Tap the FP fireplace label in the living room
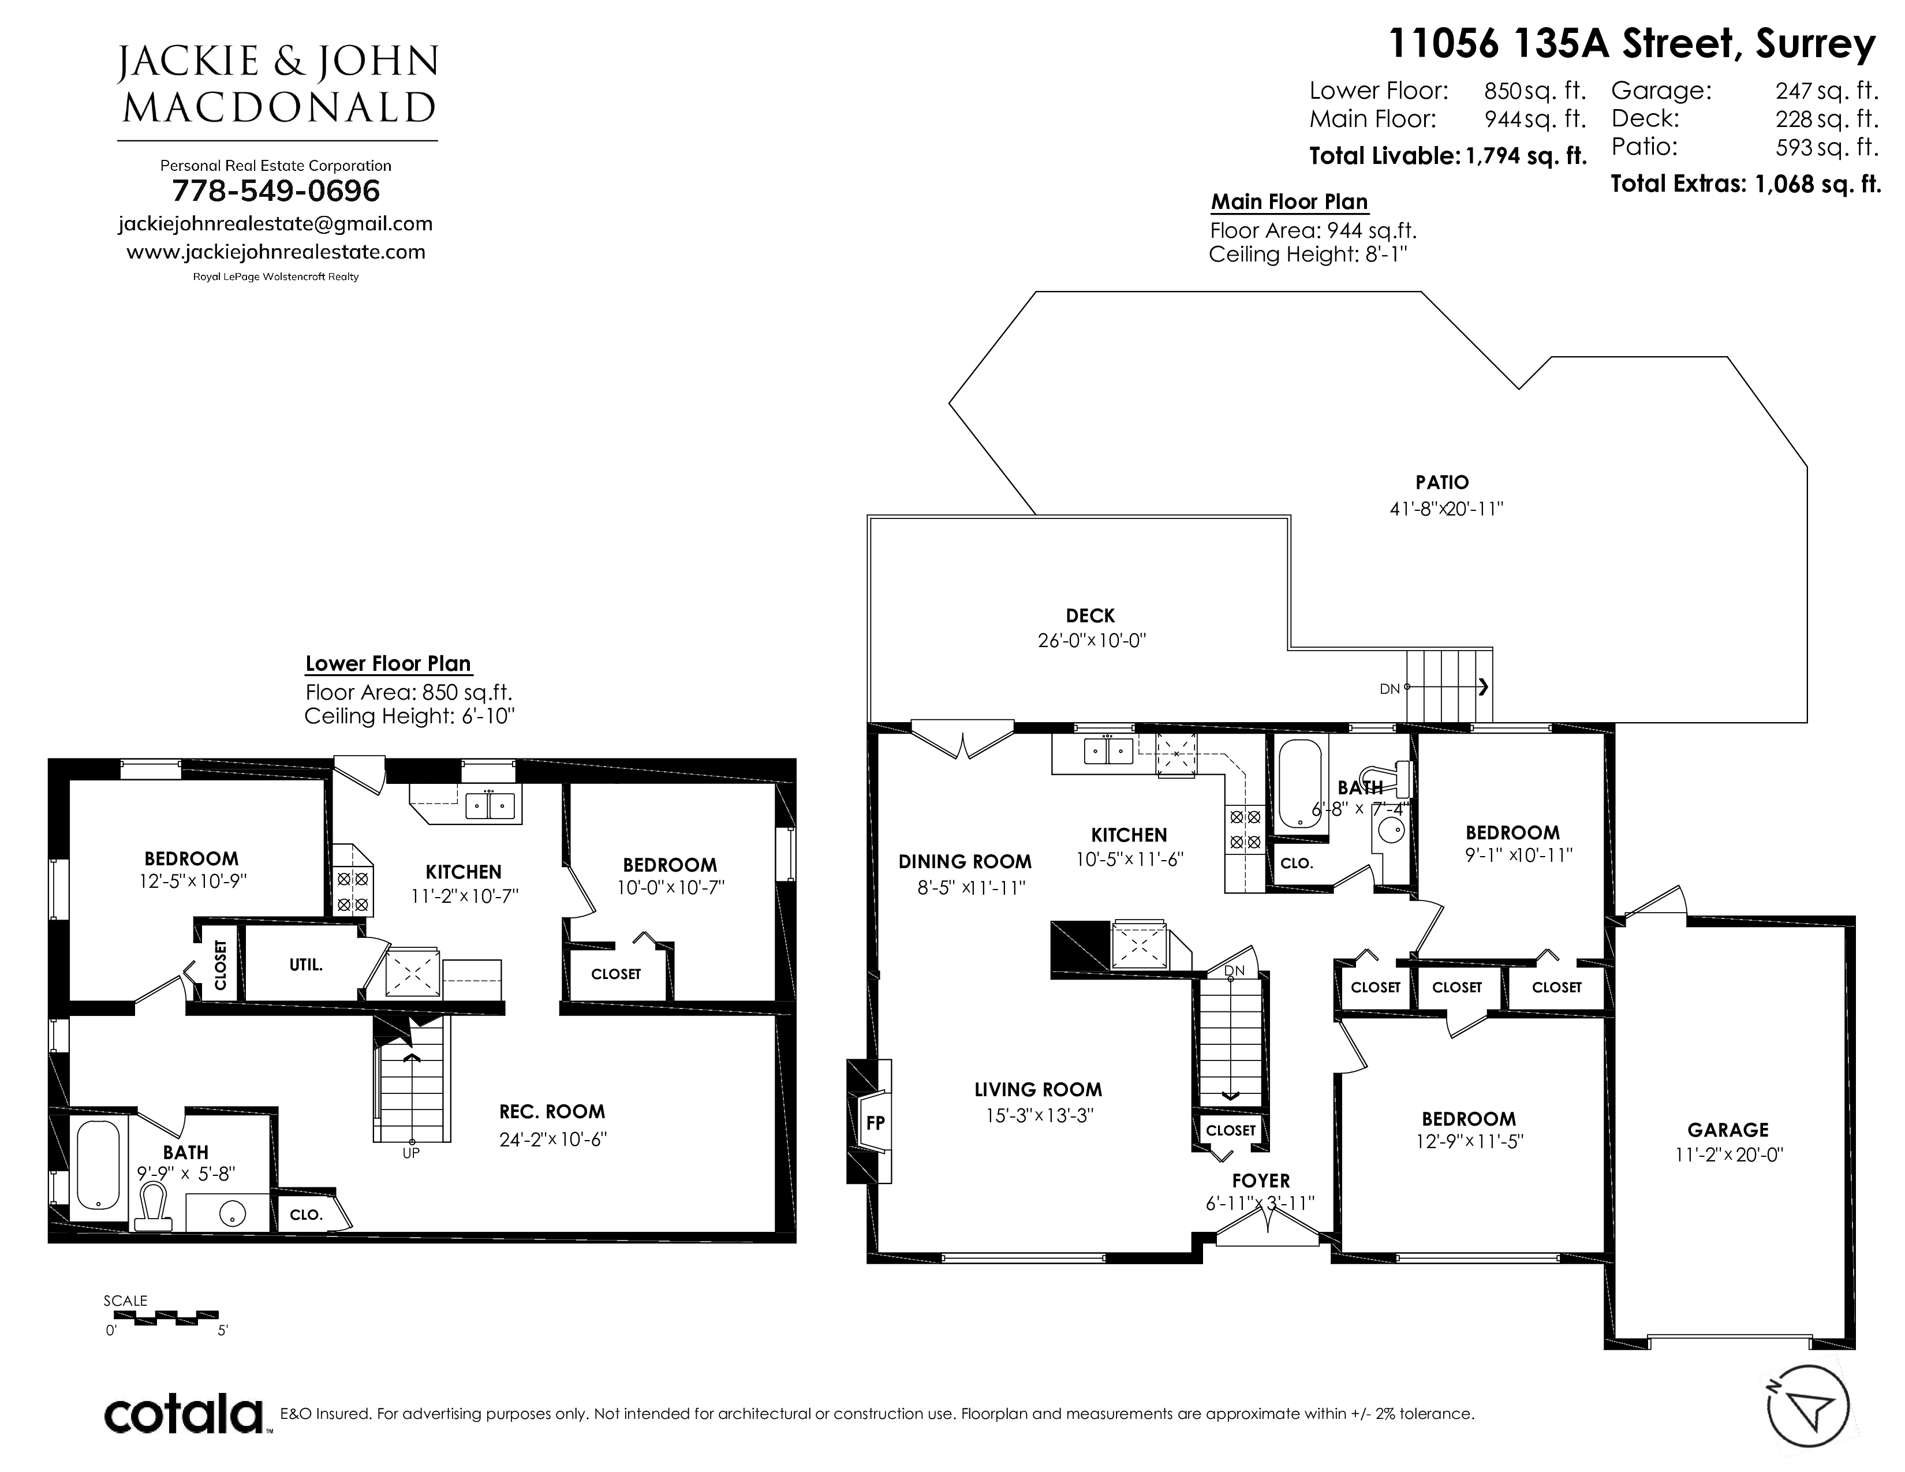point(875,1123)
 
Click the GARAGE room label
point(1727,1130)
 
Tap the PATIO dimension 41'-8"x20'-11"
point(1446,509)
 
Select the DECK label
point(1090,616)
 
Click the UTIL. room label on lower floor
point(306,965)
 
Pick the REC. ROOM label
point(552,1112)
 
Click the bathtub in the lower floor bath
point(98,1165)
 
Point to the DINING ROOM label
point(965,862)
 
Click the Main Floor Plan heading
point(1289,201)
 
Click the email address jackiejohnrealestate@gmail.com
point(275,223)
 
